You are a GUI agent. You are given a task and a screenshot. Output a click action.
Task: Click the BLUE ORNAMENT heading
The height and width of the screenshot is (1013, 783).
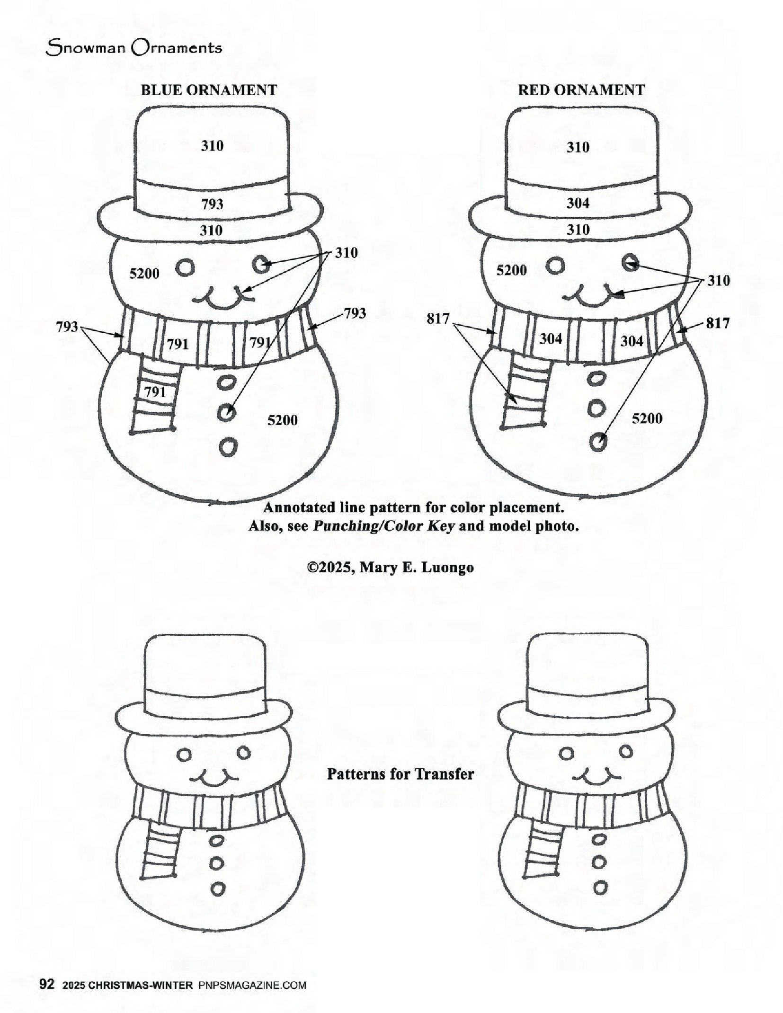tap(209, 90)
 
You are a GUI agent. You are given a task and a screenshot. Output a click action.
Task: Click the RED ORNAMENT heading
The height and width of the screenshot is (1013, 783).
tap(581, 90)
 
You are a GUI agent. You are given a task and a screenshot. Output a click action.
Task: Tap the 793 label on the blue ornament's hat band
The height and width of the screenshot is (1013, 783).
tap(212, 204)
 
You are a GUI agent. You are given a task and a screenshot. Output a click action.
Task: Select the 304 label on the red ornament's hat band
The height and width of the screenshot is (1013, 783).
tap(578, 203)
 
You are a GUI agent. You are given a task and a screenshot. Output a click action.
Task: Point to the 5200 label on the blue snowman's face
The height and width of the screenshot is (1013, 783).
tap(144, 273)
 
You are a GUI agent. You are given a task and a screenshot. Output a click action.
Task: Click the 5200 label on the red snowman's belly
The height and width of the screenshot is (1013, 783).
tap(647, 418)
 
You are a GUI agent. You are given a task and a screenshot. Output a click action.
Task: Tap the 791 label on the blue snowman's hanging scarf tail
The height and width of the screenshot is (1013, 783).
tap(155, 391)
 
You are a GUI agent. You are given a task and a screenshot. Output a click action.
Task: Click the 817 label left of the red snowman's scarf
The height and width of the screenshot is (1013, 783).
tap(437, 319)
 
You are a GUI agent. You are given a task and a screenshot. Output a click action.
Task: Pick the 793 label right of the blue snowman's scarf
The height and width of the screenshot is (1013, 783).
tap(355, 313)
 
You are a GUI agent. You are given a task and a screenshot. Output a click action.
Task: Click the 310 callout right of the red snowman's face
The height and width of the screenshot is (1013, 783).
tap(719, 281)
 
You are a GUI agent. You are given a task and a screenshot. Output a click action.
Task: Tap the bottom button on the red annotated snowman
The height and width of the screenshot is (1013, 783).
tap(599, 442)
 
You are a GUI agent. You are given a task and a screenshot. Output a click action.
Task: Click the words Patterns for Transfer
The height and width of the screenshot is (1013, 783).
tap(400, 774)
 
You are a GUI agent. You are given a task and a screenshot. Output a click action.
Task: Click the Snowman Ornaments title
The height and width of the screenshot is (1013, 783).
tap(134, 48)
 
